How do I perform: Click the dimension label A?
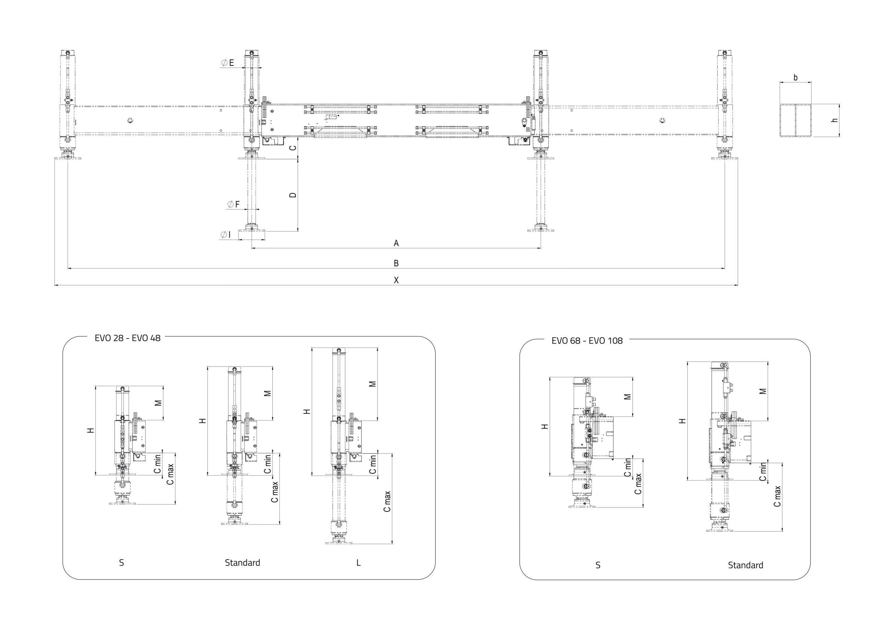click(396, 243)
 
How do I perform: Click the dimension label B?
click(396, 263)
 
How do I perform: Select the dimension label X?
click(396, 280)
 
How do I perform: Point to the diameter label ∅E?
click(227, 63)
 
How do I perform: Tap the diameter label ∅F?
click(233, 204)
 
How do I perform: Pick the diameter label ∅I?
click(226, 235)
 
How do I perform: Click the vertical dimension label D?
click(293, 195)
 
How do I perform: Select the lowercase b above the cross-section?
click(795, 78)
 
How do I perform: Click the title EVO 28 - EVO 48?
click(127, 338)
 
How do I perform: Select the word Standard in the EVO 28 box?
click(242, 563)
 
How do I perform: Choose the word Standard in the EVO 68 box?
click(745, 565)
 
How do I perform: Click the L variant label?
click(358, 563)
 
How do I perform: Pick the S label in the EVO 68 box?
click(597, 565)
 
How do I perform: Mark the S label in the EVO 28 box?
click(121, 563)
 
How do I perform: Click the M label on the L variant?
click(372, 384)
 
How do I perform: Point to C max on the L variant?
click(387, 501)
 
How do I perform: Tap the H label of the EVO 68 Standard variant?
click(682, 420)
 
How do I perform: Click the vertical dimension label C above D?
click(293, 148)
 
